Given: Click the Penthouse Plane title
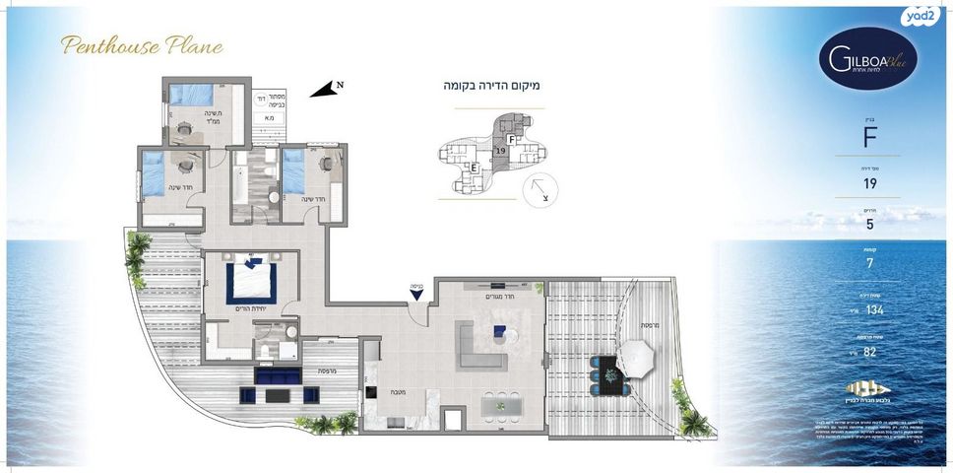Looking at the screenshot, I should tap(142, 45).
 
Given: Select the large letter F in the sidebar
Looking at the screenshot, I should tap(869, 138).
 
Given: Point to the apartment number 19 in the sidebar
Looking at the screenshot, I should tap(869, 183).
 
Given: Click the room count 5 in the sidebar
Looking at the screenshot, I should tap(869, 224).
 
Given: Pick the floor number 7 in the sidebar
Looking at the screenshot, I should tap(869, 264).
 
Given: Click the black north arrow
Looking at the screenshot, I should tap(324, 89).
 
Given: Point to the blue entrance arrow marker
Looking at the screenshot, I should tap(417, 292).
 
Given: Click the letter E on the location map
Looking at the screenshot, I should tap(474, 169).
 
